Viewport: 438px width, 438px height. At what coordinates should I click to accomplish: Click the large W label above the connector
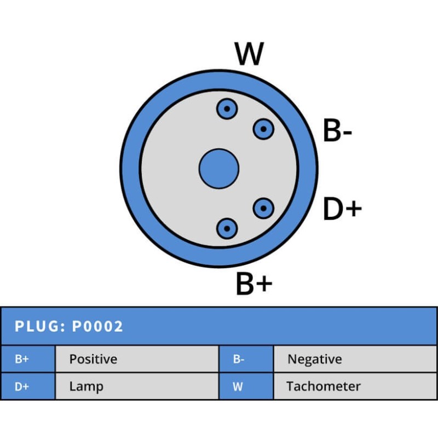coord(249,54)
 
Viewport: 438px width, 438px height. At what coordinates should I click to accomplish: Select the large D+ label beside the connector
coord(342,209)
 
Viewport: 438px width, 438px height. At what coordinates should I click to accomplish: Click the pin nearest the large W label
coord(226,109)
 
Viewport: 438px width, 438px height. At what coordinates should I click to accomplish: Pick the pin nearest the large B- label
coord(263,129)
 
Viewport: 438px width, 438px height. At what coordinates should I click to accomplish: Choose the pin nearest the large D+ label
coord(263,208)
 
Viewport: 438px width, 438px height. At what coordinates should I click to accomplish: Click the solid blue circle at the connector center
coord(218,169)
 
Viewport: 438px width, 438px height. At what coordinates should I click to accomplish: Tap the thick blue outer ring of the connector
coord(130,169)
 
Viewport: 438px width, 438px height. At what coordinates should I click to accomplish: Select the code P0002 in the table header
coord(98,327)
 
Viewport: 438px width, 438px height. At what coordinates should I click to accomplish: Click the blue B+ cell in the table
coord(27,359)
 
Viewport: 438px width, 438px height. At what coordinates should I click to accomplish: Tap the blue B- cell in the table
coord(245,359)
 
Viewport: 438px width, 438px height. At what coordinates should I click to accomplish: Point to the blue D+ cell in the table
coord(27,386)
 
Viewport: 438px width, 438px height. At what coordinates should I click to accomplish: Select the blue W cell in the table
coord(245,386)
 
